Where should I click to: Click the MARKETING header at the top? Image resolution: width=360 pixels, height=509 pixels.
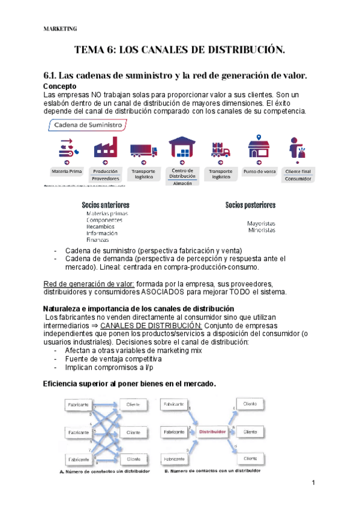tap(61, 28)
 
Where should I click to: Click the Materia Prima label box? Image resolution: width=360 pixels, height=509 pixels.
tap(67, 171)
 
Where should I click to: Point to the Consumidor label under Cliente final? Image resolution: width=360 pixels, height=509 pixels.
tap(298, 178)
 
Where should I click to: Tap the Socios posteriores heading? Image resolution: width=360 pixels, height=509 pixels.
tap(251, 205)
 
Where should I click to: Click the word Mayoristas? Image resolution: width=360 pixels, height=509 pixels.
tap(262, 223)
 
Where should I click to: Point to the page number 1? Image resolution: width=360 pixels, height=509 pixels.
tap(313, 483)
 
